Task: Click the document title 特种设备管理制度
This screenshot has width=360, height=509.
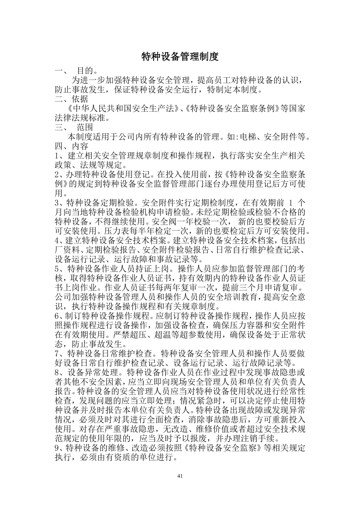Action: [180, 57]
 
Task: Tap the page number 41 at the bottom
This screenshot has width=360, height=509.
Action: [180, 476]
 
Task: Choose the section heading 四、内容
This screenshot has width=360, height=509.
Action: [71, 146]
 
